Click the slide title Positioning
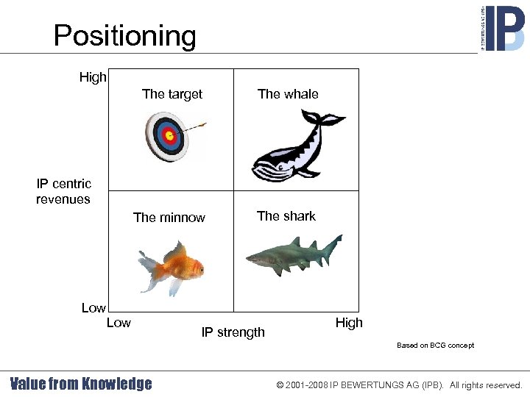coord(124,35)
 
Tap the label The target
coord(172,94)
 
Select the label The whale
coord(288,94)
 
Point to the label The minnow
coord(169,218)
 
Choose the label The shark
coord(286,216)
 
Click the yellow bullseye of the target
coord(169,136)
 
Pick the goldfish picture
coord(172,268)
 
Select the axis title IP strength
coord(233,332)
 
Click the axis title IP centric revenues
coord(63,191)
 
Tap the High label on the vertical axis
coord(93,77)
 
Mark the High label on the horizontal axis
coord(349,323)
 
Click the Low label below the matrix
coord(119,323)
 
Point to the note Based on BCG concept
coord(435,346)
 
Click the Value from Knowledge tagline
coord(81,384)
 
